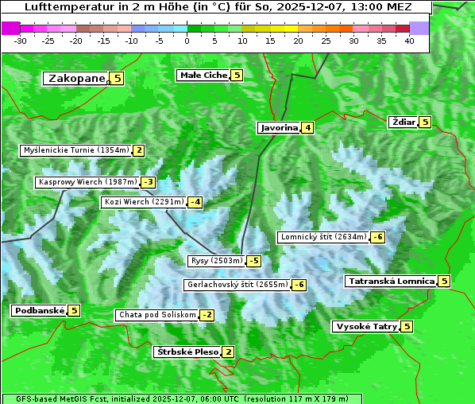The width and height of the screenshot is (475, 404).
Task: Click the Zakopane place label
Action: tap(76, 78)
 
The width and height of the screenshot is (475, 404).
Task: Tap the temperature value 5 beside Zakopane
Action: tap(118, 78)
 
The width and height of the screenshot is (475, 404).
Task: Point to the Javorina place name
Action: tap(279, 127)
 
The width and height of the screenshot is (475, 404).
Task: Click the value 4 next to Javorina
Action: tap(307, 127)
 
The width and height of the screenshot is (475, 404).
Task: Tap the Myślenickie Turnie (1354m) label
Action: tap(75, 150)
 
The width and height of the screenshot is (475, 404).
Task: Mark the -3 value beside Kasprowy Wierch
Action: tap(148, 182)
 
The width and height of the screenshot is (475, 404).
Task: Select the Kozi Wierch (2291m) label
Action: tap(144, 202)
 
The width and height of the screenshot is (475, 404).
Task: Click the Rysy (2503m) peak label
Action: tap(216, 261)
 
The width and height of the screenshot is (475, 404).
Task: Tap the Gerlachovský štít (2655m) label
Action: tap(237, 284)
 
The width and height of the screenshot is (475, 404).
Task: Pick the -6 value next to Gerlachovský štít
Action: tap(299, 285)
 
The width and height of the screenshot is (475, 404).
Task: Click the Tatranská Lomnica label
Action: tap(391, 281)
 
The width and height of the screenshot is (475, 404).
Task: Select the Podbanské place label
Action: tap(39, 310)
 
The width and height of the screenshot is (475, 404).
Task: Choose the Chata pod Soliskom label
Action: tap(156, 315)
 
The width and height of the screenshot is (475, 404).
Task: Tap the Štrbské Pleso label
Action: tap(187, 352)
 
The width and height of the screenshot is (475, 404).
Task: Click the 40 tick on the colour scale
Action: tap(409, 40)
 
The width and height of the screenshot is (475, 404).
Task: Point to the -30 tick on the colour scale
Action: tap(21, 40)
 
